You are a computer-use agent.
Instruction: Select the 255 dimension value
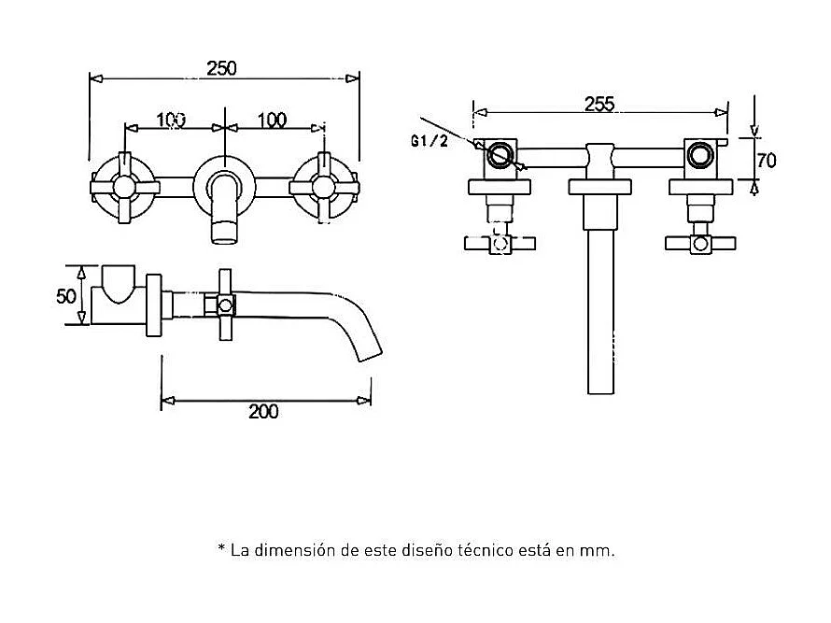[599, 104]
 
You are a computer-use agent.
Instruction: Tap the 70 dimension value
[767, 160]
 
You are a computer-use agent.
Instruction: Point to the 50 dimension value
[65, 296]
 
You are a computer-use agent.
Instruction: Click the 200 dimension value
[264, 412]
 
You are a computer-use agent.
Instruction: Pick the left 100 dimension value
[171, 120]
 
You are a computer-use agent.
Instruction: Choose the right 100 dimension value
[271, 120]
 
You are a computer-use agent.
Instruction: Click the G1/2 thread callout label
[430, 141]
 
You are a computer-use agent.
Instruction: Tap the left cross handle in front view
[123, 188]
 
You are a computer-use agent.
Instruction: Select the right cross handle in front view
[323, 188]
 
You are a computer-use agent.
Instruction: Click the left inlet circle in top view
[501, 155]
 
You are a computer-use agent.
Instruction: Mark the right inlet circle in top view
[698, 155]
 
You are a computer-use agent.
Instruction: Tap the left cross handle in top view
[500, 244]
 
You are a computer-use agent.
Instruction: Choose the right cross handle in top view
[698, 244]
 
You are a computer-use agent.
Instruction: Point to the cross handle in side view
[225, 305]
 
